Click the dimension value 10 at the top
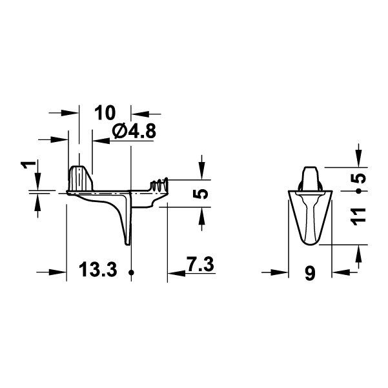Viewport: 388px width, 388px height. click(x=105, y=113)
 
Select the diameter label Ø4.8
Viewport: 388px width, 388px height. click(x=134, y=132)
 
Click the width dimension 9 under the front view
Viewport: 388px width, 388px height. click(x=309, y=274)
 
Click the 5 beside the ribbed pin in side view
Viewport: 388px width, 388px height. click(x=202, y=194)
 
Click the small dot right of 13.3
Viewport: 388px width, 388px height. click(x=131, y=272)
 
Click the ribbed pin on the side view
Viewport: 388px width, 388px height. click(x=159, y=185)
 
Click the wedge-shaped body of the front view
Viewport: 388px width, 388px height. click(x=309, y=216)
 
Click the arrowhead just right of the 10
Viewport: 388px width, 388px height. click(x=138, y=113)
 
